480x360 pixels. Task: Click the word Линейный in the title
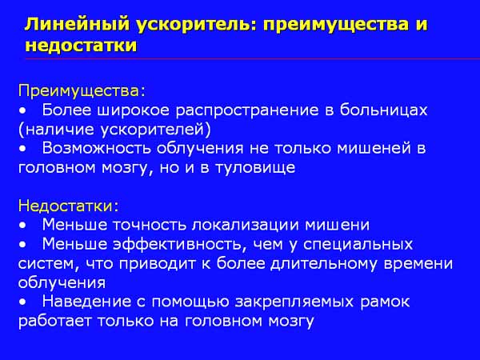[78, 25]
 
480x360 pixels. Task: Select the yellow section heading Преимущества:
[82, 91]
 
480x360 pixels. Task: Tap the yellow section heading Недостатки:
[68, 206]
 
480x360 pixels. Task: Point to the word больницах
[383, 110]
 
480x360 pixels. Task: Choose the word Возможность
[97, 149]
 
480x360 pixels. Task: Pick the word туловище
[256, 168]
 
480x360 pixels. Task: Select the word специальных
[358, 245]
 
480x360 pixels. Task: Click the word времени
[418, 264]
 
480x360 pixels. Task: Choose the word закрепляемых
[294, 302]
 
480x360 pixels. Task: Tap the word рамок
[385, 302]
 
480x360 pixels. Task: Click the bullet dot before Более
[22, 112]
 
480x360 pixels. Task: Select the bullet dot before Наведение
[22, 302]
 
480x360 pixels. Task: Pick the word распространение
[247, 111]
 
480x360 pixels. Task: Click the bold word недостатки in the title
[81, 46]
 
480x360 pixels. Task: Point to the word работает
[55, 321]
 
